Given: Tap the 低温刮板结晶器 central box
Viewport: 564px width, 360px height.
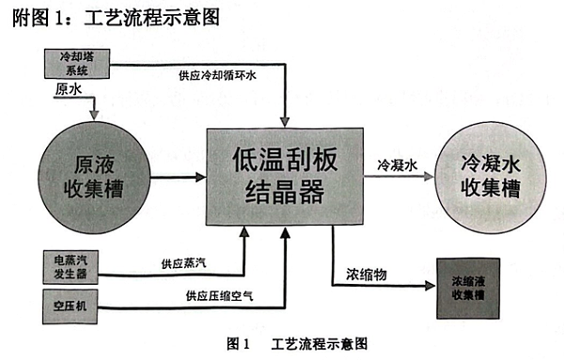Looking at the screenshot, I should pos(284,178).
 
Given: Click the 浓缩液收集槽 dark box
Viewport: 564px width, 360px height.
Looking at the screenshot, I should pos(473,285).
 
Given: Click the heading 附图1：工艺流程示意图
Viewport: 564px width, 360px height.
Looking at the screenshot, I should pos(117,18).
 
